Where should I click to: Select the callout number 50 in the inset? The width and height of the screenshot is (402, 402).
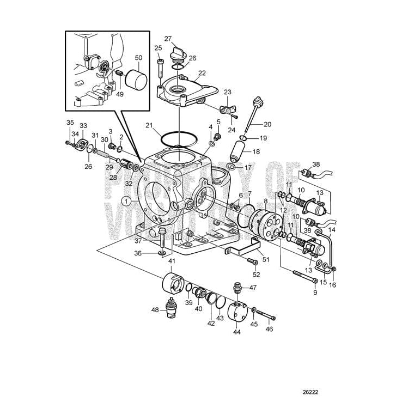(x=138, y=58)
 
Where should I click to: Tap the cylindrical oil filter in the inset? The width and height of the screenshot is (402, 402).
(x=136, y=81)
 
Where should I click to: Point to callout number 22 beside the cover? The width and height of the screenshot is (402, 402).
(x=202, y=73)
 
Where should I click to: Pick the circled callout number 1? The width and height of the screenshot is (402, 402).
(x=126, y=201)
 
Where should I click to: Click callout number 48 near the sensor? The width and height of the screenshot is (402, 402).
(x=155, y=310)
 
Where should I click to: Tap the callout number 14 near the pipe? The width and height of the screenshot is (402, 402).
(x=332, y=230)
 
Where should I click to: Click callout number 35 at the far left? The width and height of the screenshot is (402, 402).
(x=70, y=122)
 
